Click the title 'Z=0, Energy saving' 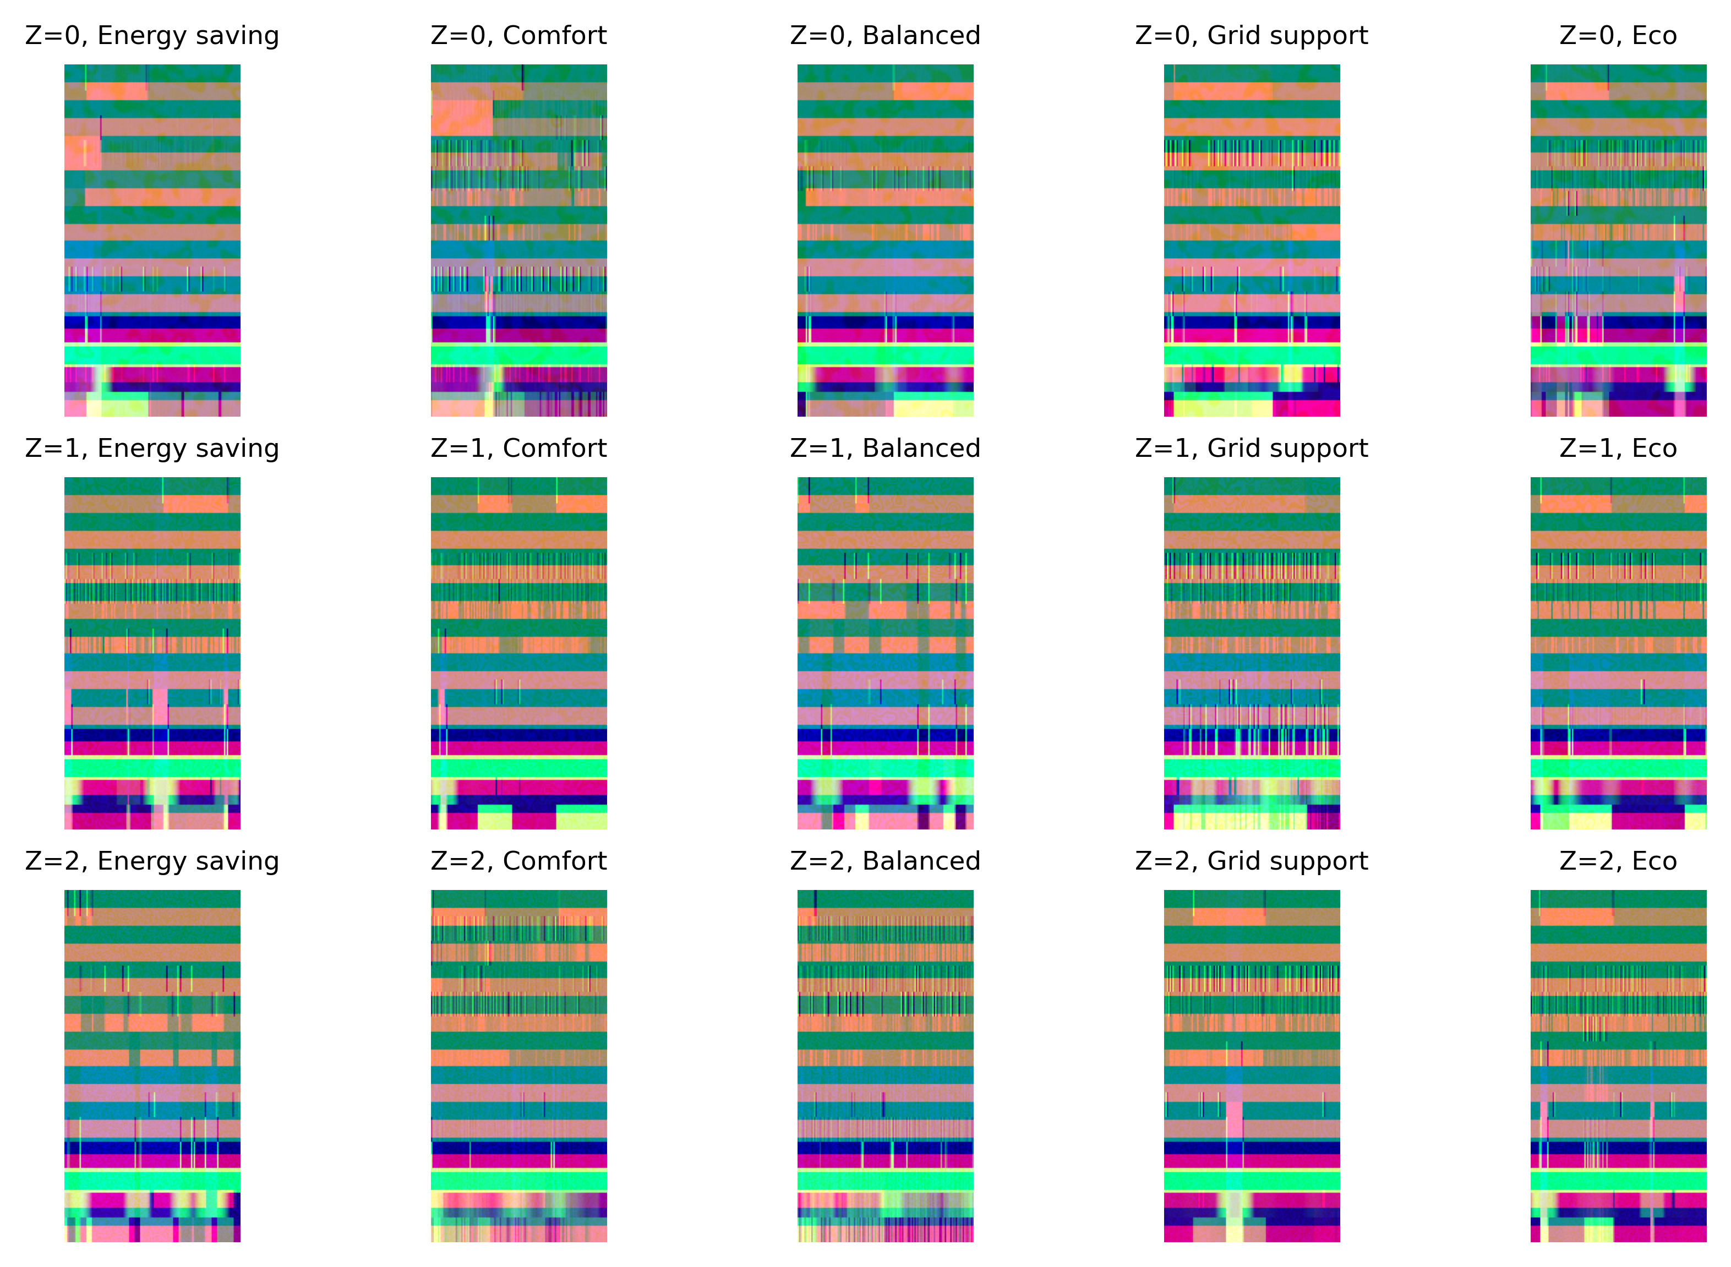pos(152,35)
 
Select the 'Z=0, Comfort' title pos(518,35)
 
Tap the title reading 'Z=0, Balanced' pos(885,35)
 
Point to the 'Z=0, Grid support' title pos(1252,35)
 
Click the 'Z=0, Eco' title pos(1618,35)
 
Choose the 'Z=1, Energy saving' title pos(152,448)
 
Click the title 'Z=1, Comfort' pos(518,448)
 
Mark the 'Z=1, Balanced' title pos(885,448)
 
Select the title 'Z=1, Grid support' pos(1252,448)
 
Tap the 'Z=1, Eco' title pos(1618,448)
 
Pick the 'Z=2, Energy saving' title pos(152,860)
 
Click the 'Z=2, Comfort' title pos(518,860)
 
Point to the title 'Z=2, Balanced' pos(885,860)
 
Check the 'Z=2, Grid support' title pos(1252,860)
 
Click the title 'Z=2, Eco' pos(1618,860)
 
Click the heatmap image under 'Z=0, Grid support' pos(1252,240)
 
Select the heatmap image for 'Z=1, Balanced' pos(885,653)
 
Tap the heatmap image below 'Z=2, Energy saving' pos(152,1066)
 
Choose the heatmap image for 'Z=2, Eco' pos(1618,1066)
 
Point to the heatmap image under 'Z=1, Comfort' pos(518,653)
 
